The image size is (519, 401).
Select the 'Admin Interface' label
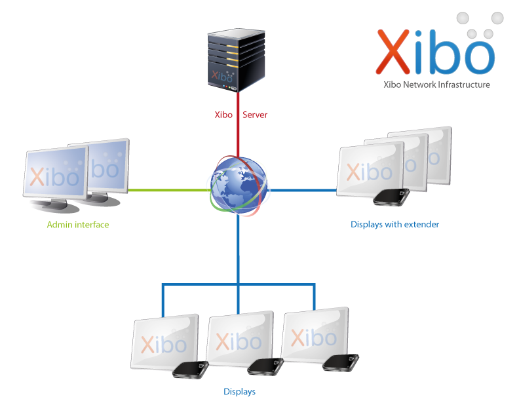pos(78,225)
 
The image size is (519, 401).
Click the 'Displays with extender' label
pos(394,224)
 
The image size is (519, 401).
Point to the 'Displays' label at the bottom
pos(239,392)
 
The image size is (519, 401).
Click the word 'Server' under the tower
pos(255,115)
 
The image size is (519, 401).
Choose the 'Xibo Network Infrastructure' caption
pos(436,85)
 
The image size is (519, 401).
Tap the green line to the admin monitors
pos(167,191)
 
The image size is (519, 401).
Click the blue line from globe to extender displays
pos(303,190)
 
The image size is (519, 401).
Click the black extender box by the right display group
pos(391,197)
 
